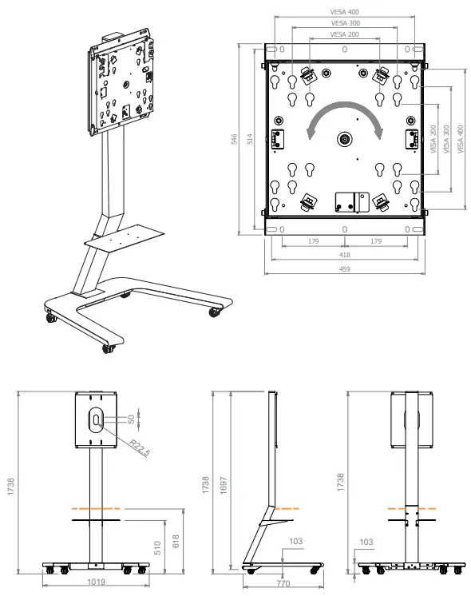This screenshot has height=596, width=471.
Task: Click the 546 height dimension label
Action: click(234, 139)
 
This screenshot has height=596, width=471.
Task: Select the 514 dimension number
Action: click(250, 139)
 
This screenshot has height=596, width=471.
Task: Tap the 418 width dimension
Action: click(345, 255)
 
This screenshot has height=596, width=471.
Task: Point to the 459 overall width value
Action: click(345, 269)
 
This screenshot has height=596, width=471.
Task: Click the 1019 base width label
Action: click(96, 582)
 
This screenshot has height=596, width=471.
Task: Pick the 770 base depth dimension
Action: click(283, 583)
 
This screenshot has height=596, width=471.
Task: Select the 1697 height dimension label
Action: click(224, 486)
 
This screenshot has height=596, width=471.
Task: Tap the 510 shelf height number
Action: click(157, 548)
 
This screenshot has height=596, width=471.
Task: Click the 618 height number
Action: click(176, 541)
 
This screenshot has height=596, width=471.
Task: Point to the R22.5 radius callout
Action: click(140, 447)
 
